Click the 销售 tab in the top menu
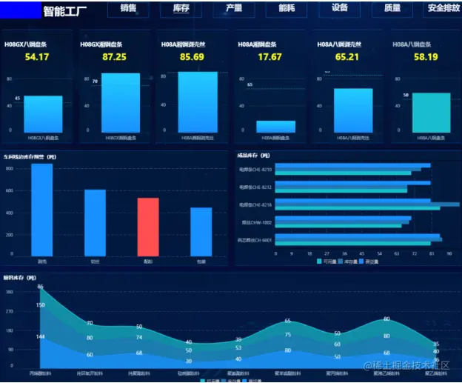(128, 9)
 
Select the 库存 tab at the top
(181, 9)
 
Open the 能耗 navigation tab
(287, 9)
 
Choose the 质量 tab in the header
(392, 9)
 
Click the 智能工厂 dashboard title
(65, 10)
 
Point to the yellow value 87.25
(114, 57)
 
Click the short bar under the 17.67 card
(275, 127)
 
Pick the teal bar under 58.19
(431, 113)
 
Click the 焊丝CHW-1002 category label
(257, 222)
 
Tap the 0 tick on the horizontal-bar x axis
(276, 253)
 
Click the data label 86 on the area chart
(40, 287)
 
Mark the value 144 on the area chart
(40, 337)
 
